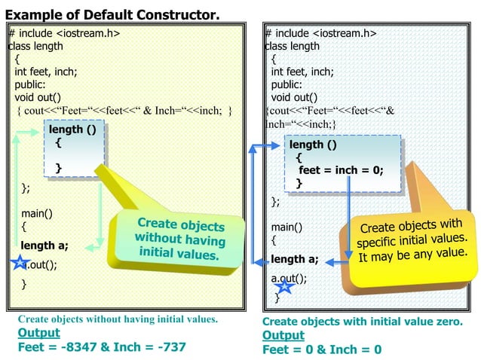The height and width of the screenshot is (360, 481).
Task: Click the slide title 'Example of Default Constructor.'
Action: (113, 14)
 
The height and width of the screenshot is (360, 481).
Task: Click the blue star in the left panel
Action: (18, 264)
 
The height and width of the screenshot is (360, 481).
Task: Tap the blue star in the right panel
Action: (283, 285)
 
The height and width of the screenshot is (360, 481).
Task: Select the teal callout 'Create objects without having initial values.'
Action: (179, 239)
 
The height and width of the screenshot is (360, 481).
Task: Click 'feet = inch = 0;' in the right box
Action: (340, 170)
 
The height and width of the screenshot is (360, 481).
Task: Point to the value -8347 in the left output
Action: (87, 347)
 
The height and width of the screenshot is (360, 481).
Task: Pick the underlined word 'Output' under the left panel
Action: (38, 333)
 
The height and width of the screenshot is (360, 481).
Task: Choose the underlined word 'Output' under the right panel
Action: (283, 335)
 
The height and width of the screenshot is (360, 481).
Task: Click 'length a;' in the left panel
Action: (44, 245)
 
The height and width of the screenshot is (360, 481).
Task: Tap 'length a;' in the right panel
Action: (294, 259)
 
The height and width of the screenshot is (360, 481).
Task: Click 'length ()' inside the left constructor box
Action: (72, 130)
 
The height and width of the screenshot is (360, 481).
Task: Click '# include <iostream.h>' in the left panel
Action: (64, 33)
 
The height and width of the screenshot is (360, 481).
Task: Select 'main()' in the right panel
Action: (286, 227)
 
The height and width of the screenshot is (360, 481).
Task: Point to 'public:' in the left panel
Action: (32, 84)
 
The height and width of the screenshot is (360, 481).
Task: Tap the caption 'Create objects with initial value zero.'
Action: (362, 322)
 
